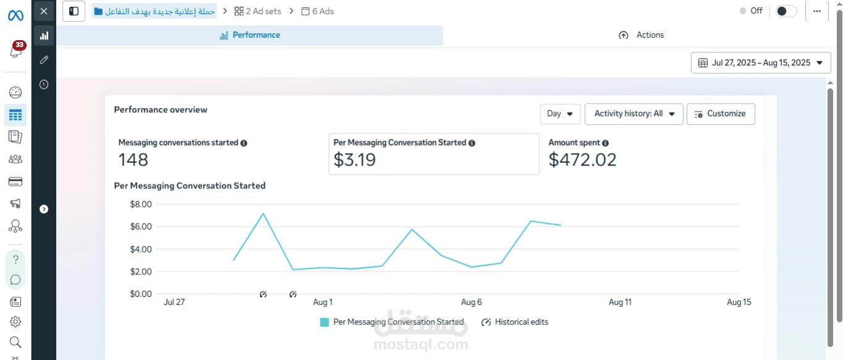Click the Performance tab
[250, 35]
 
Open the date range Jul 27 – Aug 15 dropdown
[761, 62]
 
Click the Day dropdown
[560, 114]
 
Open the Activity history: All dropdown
[634, 114]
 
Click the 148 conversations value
[133, 160]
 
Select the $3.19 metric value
[354, 160]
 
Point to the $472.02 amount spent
[582, 160]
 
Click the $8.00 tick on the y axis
[141, 204]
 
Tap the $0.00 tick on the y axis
[141, 294]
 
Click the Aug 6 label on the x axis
[471, 302]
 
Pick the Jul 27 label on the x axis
[174, 302]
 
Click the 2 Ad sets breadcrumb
[258, 11]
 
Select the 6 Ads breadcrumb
[317, 11]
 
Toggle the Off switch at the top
[786, 11]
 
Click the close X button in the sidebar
[44, 11]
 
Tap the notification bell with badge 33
[16, 50]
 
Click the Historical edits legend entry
[515, 322]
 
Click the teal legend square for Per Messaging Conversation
[324, 322]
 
